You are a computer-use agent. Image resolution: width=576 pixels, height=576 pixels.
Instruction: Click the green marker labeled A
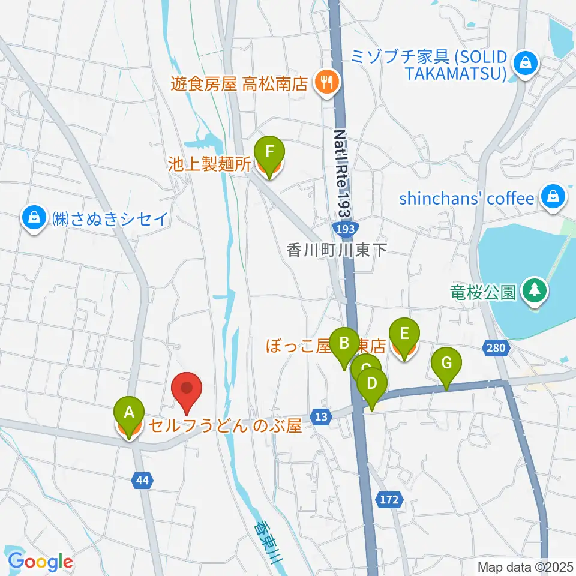click(128, 412)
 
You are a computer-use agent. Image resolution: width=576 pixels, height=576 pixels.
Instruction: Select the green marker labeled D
click(372, 382)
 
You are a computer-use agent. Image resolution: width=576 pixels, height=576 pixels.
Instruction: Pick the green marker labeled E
click(404, 332)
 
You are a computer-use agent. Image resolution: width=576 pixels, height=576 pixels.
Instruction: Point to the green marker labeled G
click(446, 363)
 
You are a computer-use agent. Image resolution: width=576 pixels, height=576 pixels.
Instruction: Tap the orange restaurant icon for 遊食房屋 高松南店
click(326, 82)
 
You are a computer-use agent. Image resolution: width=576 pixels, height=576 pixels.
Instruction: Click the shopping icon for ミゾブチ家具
click(526, 62)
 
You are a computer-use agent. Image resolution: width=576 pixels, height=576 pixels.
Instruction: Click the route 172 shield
click(389, 499)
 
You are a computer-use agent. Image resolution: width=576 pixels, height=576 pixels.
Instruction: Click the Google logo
click(40, 562)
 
